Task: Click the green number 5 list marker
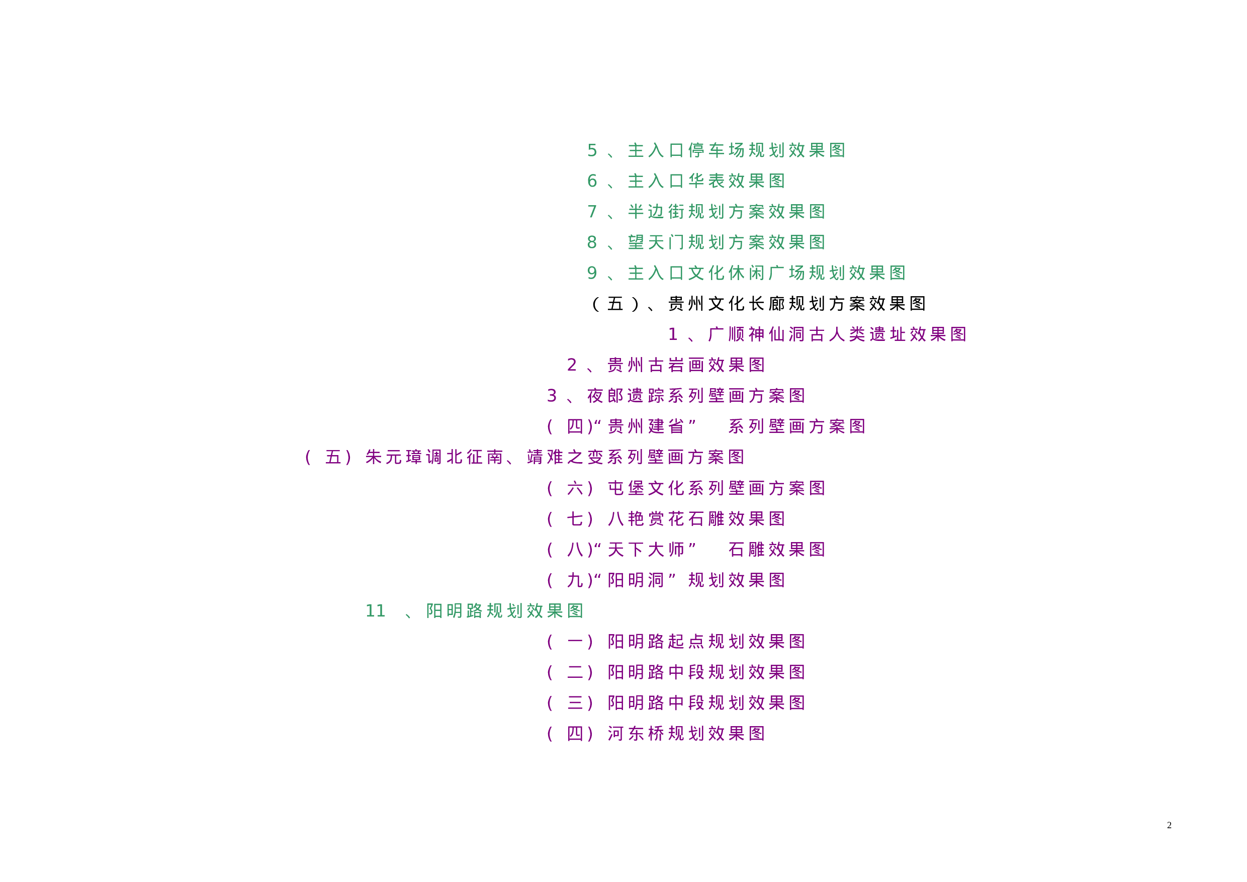tap(592, 150)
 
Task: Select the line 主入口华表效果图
tap(706, 181)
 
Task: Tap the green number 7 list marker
tap(592, 212)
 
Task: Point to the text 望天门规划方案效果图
tap(727, 242)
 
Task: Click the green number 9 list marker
tap(592, 273)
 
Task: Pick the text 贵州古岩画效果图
tap(686, 366)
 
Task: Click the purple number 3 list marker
tap(552, 396)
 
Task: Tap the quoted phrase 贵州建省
tap(646, 427)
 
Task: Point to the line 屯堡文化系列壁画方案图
tap(717, 488)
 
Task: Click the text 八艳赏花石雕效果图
tap(696, 519)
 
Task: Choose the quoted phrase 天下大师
tap(646, 550)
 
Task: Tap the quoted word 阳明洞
tap(636, 581)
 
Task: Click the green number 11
tap(375, 611)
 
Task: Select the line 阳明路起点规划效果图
tap(706, 642)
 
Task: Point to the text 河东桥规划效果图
tap(686, 734)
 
